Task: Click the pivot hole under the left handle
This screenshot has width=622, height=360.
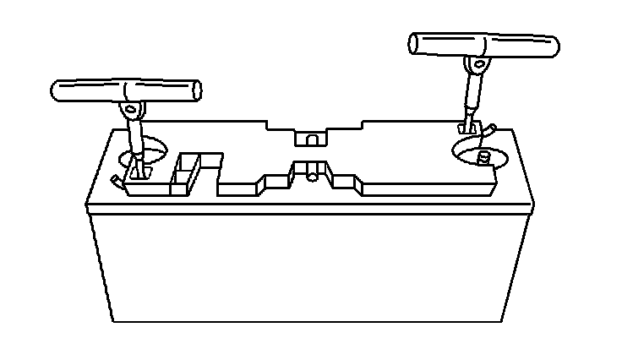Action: [130, 109]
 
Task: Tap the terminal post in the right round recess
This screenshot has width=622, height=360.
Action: [484, 158]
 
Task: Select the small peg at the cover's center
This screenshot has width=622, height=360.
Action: [314, 172]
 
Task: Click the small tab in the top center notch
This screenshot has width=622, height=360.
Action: [311, 138]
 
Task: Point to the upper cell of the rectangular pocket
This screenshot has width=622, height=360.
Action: [189, 161]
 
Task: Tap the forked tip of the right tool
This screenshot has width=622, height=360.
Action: [464, 126]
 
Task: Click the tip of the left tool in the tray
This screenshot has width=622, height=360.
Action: [138, 174]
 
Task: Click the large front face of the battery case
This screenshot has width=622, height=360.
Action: [313, 266]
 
